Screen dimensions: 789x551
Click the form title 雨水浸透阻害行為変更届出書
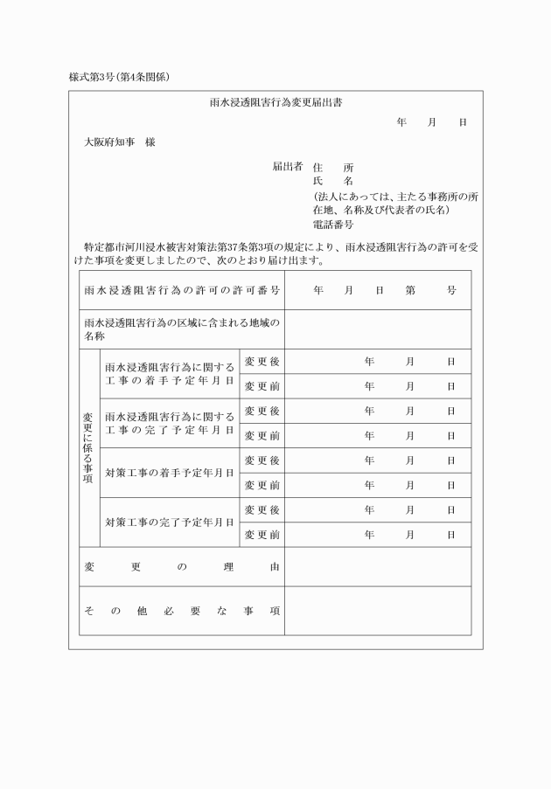275,102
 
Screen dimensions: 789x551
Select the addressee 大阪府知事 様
119,142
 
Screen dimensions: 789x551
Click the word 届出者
287,166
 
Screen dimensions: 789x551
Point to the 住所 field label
333,167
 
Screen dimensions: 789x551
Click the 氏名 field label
333,181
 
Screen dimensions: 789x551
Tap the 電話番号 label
333,225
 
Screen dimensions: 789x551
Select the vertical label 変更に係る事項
87,448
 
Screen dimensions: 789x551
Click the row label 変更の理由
182,567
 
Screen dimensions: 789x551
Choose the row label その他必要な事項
182,611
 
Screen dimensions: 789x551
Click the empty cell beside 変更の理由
377,567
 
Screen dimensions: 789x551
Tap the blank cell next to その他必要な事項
377,611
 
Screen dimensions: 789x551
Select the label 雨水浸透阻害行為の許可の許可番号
182,290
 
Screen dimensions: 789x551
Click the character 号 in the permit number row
451,290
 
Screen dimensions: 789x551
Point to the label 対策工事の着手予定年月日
169,473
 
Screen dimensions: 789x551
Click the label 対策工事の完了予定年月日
169,523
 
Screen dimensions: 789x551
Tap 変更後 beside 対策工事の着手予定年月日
262,460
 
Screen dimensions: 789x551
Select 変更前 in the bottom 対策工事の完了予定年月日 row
262,535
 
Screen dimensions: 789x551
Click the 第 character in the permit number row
410,290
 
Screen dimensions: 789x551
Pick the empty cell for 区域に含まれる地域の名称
377,329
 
